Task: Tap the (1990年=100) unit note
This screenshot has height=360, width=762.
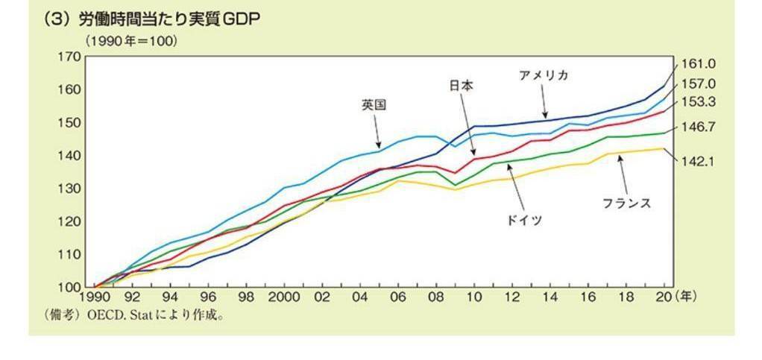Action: point(130,42)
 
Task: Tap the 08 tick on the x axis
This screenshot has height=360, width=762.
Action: point(435,297)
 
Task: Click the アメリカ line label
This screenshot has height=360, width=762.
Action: point(544,75)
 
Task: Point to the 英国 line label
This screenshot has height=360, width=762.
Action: point(374,105)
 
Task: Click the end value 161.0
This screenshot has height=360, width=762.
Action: point(699,64)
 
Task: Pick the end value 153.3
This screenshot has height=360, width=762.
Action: point(699,102)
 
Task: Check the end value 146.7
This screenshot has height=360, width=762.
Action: point(699,127)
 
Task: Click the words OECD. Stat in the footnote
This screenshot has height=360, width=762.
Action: point(116,315)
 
